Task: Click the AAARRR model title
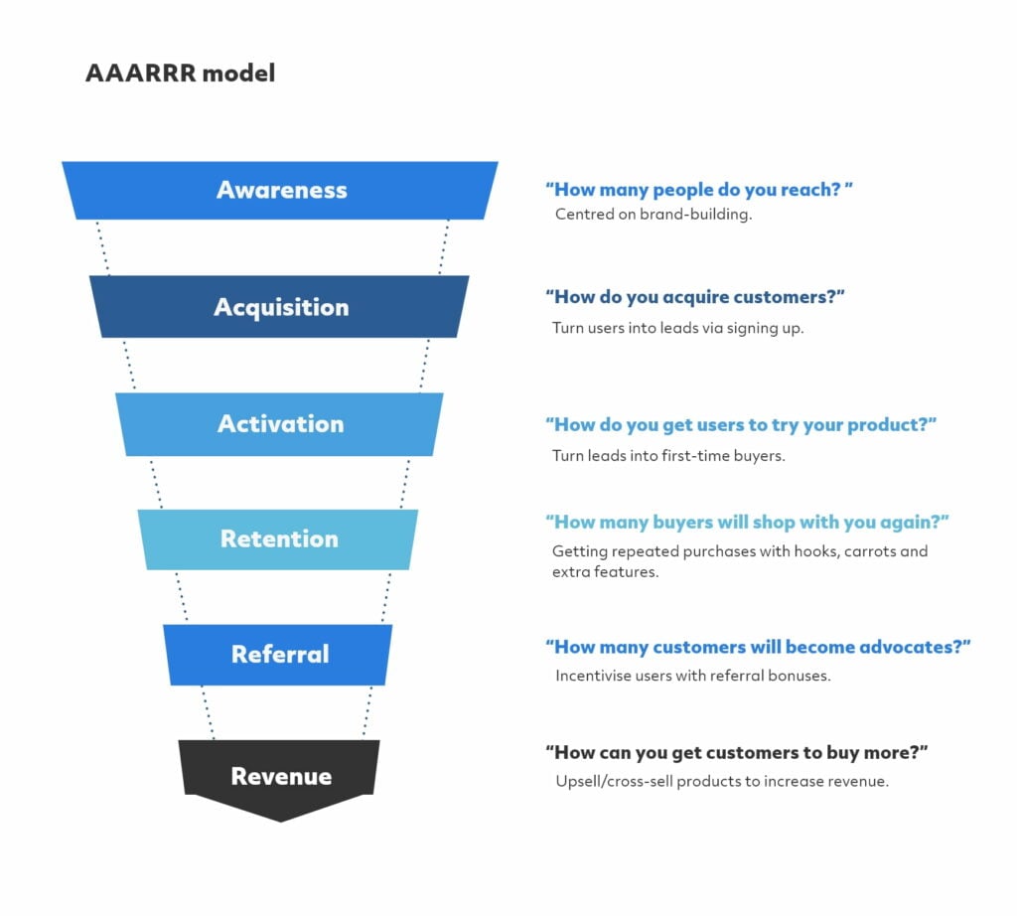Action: pos(181,73)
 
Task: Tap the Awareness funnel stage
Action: pos(280,190)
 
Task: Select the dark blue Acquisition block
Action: pos(279,306)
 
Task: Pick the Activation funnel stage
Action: pos(279,423)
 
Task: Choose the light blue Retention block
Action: pos(278,539)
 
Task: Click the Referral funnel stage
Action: pos(278,654)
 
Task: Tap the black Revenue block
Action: pos(279,775)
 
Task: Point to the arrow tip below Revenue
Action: pos(280,822)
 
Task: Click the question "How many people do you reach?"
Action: pos(699,190)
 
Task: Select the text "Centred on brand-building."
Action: pos(654,214)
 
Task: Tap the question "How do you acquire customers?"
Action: pos(694,297)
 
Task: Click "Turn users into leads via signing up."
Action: pos(677,328)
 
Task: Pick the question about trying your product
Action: pos(741,425)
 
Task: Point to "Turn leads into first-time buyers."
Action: pos(668,455)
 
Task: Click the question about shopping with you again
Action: pos(747,523)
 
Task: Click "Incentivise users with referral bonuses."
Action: pos(693,676)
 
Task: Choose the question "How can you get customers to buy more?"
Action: pos(737,752)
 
